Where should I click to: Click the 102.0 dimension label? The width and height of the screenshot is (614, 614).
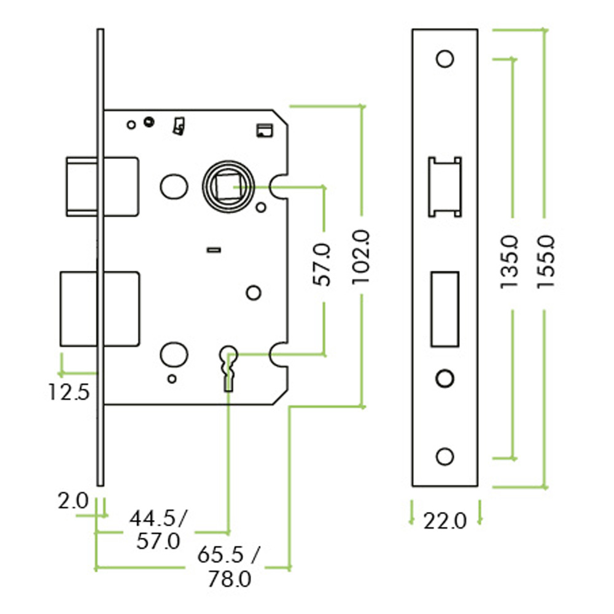[361, 256]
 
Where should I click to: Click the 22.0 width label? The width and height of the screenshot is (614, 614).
[445, 521]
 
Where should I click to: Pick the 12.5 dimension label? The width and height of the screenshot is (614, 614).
[69, 391]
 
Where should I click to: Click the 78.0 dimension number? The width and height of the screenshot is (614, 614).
[229, 580]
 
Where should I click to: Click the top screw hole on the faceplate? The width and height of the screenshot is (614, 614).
[444, 58]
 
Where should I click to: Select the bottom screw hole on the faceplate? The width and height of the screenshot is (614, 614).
[444, 456]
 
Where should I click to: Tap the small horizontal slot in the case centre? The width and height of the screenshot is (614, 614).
[214, 249]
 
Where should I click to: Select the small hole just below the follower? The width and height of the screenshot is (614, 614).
[262, 206]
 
